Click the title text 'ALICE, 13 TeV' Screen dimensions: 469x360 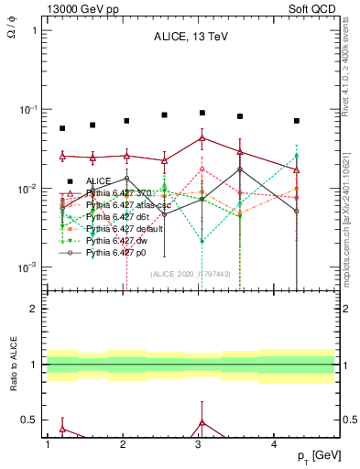(x=190, y=37)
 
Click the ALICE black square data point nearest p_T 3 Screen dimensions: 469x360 (x=202, y=113)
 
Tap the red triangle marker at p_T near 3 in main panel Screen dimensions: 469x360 (x=202, y=138)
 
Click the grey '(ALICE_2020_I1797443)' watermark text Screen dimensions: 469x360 (x=190, y=274)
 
